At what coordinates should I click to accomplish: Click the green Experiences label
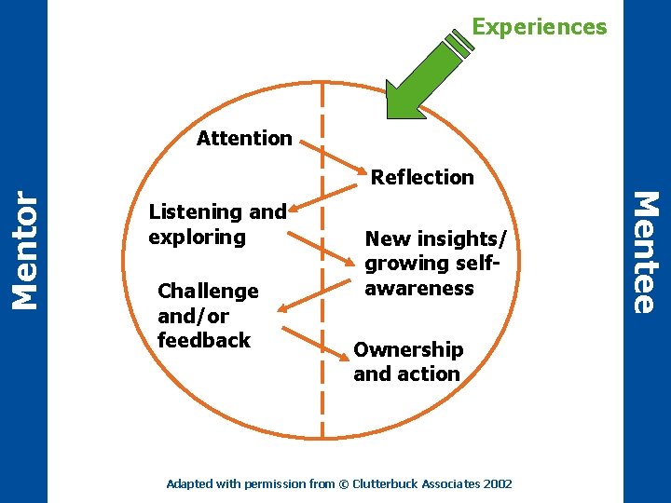click(x=539, y=27)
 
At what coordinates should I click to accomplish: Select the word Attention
click(x=244, y=139)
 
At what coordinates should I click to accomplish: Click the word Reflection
click(x=422, y=177)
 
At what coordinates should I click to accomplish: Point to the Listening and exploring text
click(x=217, y=224)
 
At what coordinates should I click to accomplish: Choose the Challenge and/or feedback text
click(x=208, y=316)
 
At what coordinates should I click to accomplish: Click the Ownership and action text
click(x=407, y=361)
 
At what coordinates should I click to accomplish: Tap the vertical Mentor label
click(x=25, y=249)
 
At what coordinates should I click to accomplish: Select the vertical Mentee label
click(x=646, y=251)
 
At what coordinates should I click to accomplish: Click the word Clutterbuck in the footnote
click(x=381, y=484)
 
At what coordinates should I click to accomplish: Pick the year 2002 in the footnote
click(x=498, y=484)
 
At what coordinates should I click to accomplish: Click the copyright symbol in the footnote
click(x=341, y=484)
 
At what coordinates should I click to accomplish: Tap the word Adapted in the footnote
click(x=186, y=484)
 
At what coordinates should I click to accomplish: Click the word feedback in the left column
click(x=204, y=341)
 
